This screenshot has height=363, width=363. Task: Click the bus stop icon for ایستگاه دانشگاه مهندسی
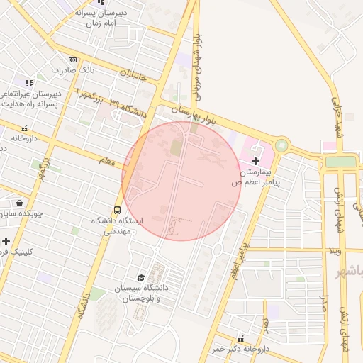point(117,210)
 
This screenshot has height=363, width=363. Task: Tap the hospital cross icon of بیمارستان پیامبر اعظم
point(256,162)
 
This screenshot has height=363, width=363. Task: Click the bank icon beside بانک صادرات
point(72,60)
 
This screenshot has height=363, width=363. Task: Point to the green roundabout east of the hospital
point(282,146)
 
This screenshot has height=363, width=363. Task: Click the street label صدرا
point(325,306)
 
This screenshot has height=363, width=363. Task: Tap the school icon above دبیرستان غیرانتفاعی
point(29,83)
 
